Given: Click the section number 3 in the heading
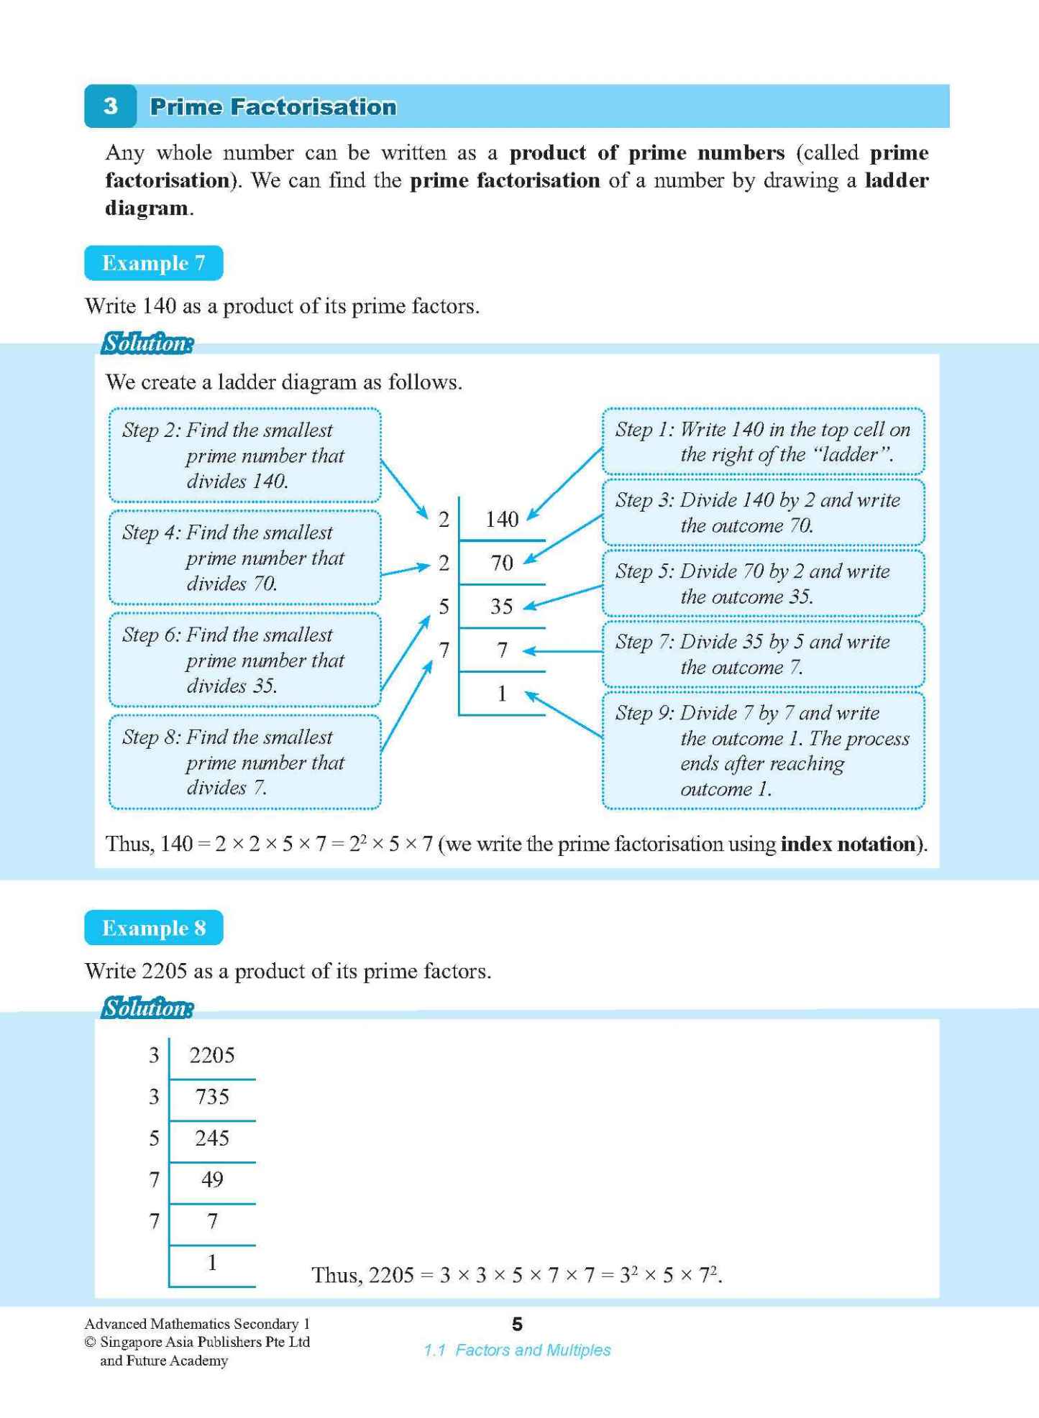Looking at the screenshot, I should pos(110,106).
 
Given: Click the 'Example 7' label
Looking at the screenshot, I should pos(153,263).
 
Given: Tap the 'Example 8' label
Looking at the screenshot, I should pos(153,928).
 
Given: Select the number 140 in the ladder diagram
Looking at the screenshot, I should pos(502,519).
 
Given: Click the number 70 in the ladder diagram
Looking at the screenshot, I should pos(502,563).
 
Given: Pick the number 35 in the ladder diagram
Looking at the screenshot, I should pos(502,607).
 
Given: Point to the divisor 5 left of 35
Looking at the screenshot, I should pos(444,607).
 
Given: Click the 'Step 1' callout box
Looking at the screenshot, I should pos(762,441).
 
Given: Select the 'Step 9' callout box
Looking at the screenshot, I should pos(762,750).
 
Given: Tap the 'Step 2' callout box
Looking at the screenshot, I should pos(244,455).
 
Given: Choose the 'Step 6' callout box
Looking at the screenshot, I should pos(244,660).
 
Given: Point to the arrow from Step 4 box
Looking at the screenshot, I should pos(406,570).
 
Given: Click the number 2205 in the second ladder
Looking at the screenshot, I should pos(212,1055).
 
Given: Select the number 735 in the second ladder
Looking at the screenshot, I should pos(212,1097).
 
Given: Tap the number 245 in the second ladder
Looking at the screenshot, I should pos(212,1138).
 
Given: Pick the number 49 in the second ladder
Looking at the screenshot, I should pos(212,1179).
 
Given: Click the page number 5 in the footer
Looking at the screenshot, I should pos(517,1324).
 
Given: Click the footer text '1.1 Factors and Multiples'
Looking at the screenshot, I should pos(517,1350).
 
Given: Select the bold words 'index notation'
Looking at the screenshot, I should pos(847,843).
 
